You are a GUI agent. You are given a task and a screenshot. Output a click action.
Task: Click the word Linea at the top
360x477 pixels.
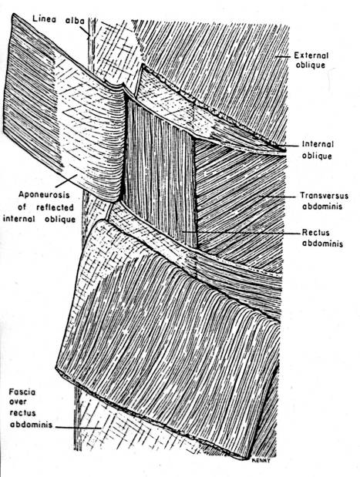[44, 19]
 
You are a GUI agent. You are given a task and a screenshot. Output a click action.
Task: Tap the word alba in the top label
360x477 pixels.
[76, 21]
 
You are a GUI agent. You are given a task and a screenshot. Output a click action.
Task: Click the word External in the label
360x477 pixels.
[311, 55]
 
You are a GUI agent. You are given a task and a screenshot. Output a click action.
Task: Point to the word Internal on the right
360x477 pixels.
[318, 144]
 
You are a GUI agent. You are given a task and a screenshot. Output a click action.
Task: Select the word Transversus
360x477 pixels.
[325, 195]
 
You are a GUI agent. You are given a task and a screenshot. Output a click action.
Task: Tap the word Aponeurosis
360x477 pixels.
[44, 195]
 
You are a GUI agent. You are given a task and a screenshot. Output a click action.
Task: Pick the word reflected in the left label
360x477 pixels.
[55, 207]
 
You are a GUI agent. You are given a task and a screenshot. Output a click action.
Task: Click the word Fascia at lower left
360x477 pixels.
[22, 392]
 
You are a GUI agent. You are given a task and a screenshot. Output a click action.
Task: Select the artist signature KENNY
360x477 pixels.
[261, 460]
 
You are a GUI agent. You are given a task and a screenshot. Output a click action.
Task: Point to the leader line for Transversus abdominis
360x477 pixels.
[278, 197]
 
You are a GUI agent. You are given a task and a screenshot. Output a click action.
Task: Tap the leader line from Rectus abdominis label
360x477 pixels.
[241, 233]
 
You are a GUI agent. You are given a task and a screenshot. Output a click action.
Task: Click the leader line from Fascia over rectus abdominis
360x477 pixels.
[78, 428]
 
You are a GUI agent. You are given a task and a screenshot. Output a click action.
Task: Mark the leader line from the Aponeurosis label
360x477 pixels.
[66, 180]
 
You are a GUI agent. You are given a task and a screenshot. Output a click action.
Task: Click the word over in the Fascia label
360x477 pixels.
[18, 402]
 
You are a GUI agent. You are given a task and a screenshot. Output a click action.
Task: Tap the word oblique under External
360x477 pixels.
[311, 66]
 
